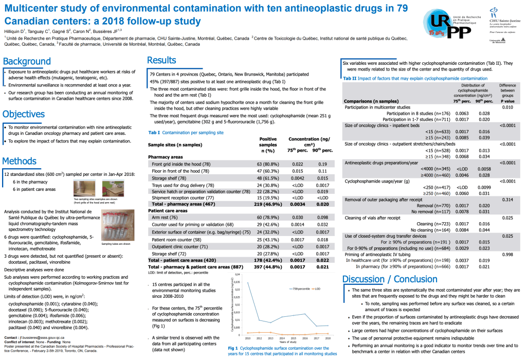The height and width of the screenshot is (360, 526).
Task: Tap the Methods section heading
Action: [23, 161]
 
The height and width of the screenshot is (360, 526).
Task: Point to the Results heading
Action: [161, 60]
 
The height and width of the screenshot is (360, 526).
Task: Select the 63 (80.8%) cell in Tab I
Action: [267, 164]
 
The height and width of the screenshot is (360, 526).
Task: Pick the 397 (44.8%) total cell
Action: [267, 267]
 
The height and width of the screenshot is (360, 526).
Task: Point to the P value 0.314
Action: [507, 199]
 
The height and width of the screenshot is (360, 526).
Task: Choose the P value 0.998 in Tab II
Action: [507, 255]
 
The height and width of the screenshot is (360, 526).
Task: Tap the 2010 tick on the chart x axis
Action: [247, 339]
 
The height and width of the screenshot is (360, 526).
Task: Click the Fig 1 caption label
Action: [233, 348]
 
